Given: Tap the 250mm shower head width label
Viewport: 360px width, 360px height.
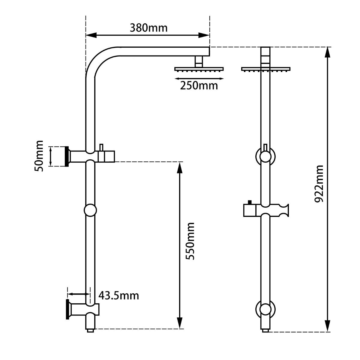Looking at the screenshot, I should point(199,85).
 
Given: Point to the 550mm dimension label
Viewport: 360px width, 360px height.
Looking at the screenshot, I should point(190,241).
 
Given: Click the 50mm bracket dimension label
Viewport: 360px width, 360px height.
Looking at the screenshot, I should point(39,156).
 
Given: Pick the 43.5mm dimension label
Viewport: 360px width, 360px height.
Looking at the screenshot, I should point(119,295).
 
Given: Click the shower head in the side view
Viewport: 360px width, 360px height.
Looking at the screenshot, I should point(199,69).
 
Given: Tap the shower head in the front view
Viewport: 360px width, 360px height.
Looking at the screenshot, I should point(265,69).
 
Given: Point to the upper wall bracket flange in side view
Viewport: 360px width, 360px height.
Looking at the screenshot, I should point(67,156).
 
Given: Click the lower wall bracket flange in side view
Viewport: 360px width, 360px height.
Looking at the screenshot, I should point(67,309).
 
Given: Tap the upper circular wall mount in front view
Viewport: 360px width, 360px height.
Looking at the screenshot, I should point(265,156).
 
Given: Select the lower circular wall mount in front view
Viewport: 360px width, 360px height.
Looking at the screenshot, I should point(265,309).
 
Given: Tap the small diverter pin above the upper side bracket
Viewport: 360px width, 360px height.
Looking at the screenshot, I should point(101,147).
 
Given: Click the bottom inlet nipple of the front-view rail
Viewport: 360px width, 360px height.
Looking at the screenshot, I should point(265,330).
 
